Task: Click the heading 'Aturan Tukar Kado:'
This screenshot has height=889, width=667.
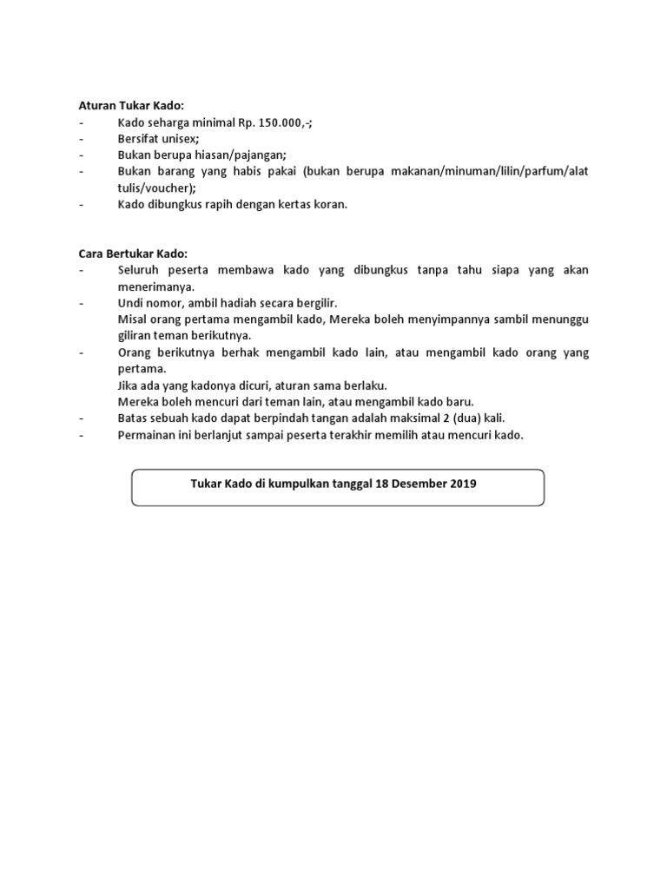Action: pos(127,106)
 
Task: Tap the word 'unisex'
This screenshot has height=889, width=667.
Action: pos(179,139)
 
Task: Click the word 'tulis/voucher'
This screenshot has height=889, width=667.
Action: pos(155,188)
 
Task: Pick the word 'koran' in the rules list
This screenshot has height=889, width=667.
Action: pos(328,204)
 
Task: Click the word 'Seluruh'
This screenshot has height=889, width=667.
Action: pos(139,270)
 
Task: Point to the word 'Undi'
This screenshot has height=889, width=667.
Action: pos(130,303)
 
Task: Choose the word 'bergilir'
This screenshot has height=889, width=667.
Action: pos(314,303)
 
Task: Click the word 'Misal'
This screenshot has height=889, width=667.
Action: pos(133,319)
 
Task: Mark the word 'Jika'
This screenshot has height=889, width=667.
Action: pos(129,385)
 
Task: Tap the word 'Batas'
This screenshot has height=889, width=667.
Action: pos(134,418)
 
